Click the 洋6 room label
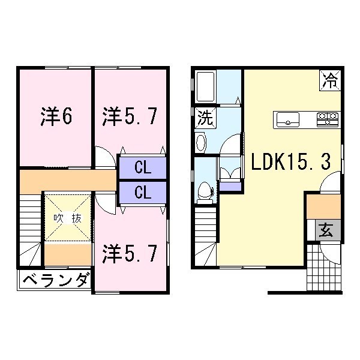[57, 117]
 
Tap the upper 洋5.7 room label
[130, 116]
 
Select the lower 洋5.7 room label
[130, 253]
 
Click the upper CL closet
[142, 167]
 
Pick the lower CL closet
[142, 193]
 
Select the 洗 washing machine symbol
[205, 118]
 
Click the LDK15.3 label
[290, 161]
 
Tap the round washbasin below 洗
[201, 142]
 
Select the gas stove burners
[328, 118]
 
